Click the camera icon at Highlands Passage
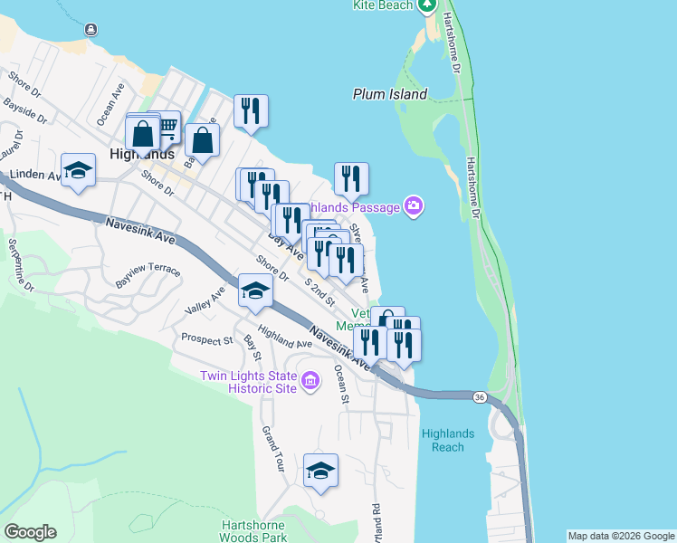coord(414,207)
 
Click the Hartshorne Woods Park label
coord(253,531)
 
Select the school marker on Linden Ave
coord(79,170)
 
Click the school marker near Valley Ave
coord(255,291)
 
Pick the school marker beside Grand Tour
coord(320,470)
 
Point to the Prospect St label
coord(206,340)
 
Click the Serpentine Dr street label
coord(21,265)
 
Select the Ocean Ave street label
coord(110,106)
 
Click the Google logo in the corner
coord(30,532)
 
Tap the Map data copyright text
coord(621,536)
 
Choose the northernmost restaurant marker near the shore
coord(251,110)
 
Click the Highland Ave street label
coord(284,337)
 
